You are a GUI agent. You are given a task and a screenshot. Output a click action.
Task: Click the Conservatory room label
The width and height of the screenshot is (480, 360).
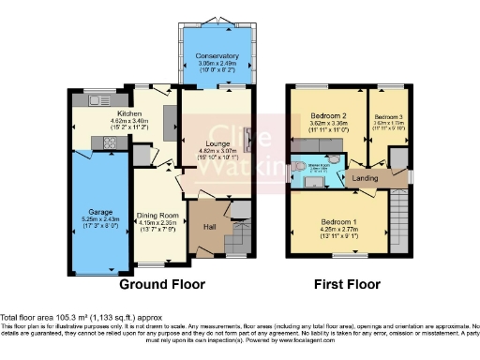217,57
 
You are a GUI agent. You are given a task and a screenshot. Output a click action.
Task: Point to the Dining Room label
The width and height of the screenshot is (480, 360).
157,216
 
